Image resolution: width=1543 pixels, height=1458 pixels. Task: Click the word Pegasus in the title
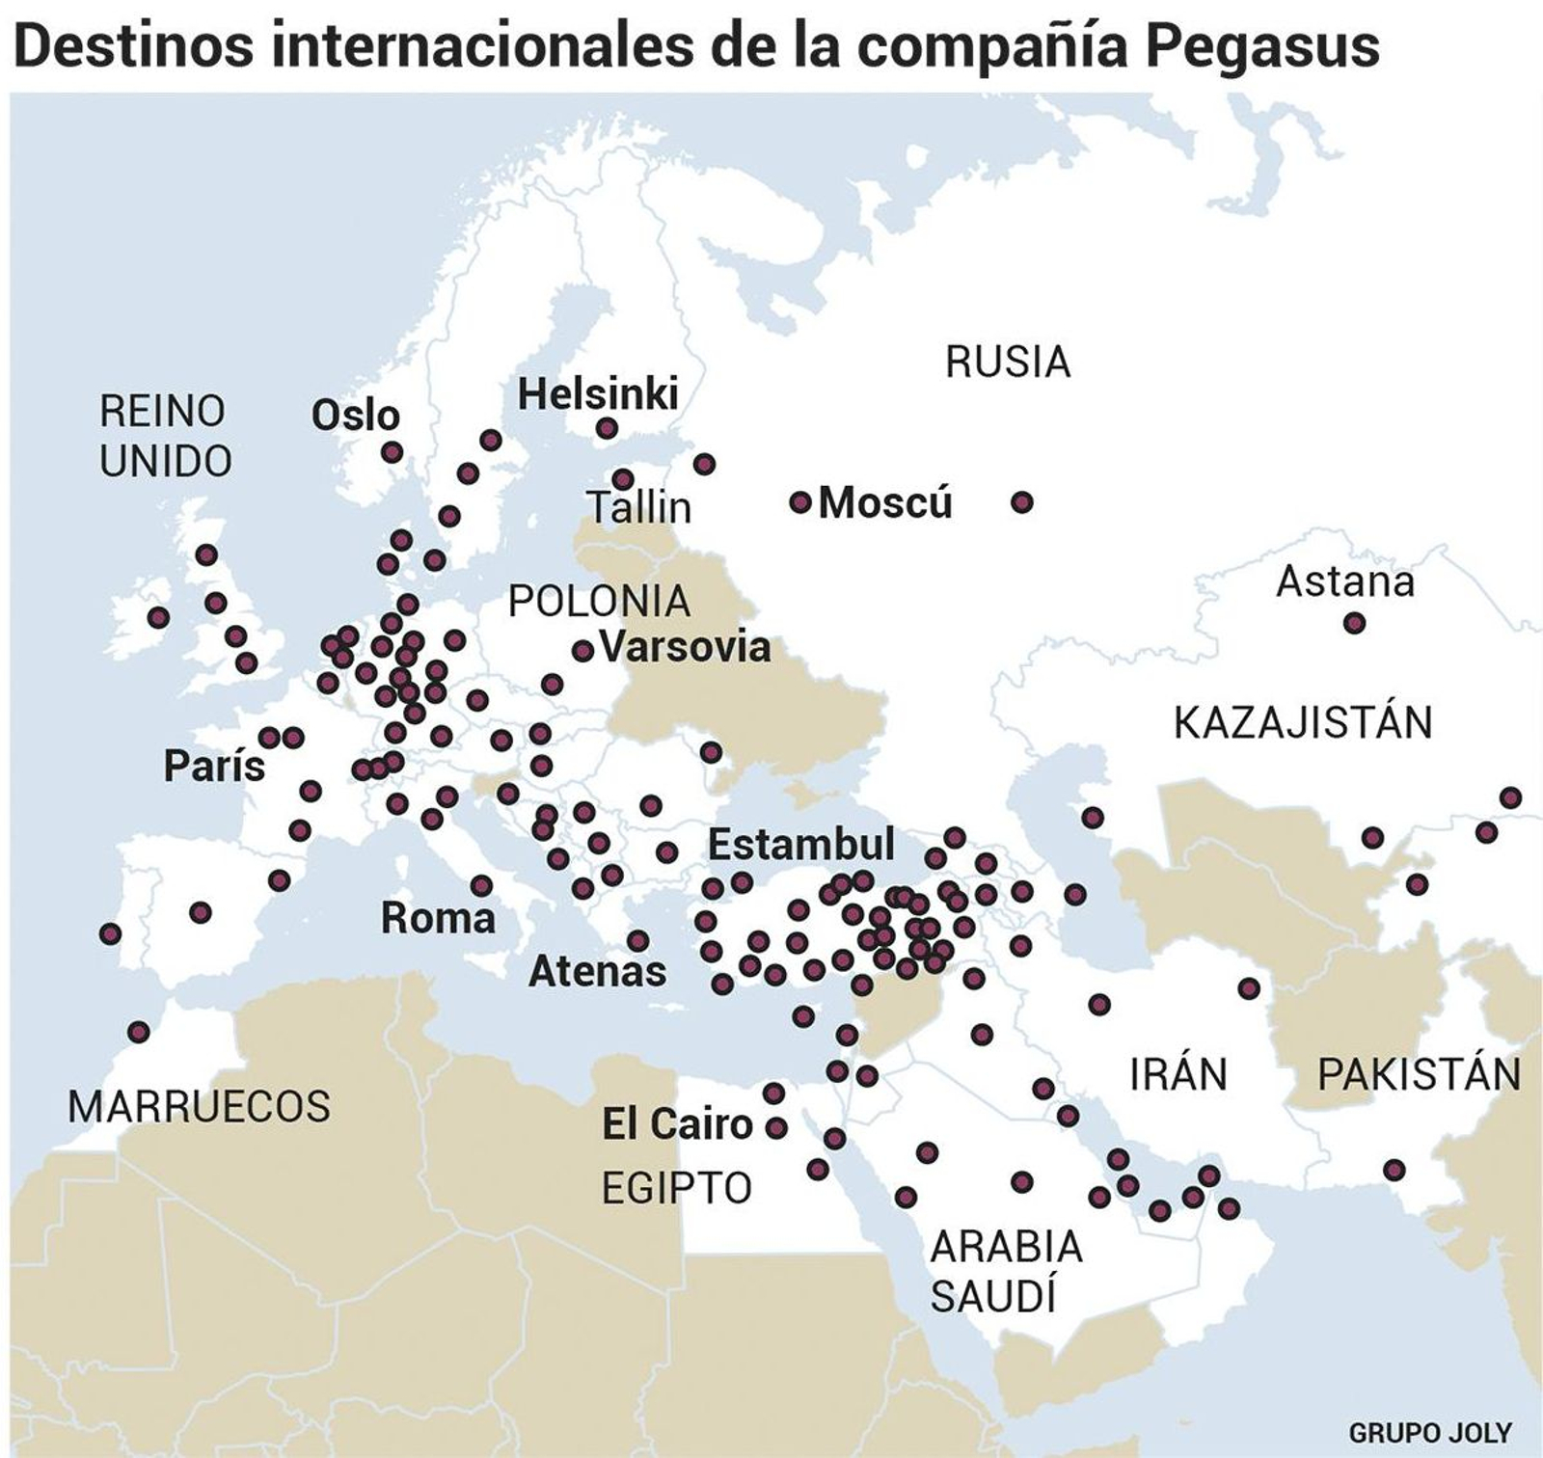(x=1262, y=44)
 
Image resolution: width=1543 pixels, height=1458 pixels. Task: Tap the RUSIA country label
(x=1008, y=363)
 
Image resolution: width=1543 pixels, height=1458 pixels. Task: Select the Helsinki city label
(x=598, y=393)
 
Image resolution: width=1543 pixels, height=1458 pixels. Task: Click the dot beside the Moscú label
(x=799, y=502)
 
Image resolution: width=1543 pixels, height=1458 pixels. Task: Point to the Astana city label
(x=1345, y=581)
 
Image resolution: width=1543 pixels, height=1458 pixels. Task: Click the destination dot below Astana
(x=1354, y=624)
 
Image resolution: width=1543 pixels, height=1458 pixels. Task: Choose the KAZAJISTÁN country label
(x=1303, y=722)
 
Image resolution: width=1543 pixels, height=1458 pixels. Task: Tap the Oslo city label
(x=355, y=416)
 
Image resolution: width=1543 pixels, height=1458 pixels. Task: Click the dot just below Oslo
(x=392, y=452)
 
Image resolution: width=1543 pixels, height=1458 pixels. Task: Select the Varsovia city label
(x=686, y=647)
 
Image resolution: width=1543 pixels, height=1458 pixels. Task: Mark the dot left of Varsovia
(x=582, y=651)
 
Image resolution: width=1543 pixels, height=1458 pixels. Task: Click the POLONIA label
(x=599, y=602)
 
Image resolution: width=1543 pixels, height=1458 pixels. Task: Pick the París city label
(x=214, y=767)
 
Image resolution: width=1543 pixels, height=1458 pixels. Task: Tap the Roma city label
(x=438, y=918)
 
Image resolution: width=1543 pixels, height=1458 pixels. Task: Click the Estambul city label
(x=801, y=845)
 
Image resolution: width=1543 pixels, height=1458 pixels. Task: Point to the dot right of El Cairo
(x=776, y=1126)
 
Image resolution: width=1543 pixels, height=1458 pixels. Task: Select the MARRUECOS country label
(x=199, y=1106)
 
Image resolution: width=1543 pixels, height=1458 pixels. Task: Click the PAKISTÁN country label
(x=1419, y=1074)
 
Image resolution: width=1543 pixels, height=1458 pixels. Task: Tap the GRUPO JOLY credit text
(x=1430, y=1432)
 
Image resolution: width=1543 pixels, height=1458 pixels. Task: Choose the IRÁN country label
(x=1178, y=1074)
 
